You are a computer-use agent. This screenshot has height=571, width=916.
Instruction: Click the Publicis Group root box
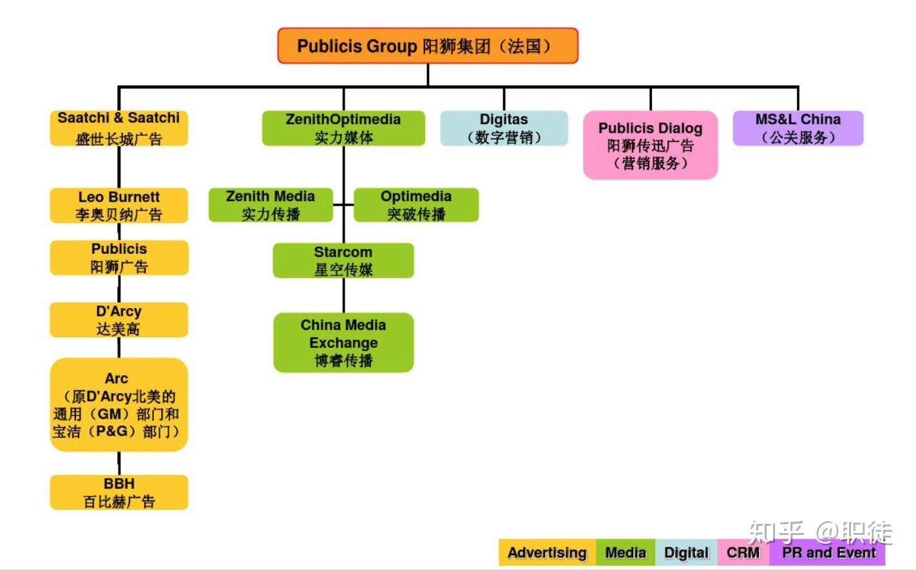click(x=428, y=46)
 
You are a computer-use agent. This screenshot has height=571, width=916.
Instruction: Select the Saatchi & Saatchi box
click(x=119, y=128)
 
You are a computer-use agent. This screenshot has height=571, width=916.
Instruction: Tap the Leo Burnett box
click(x=119, y=206)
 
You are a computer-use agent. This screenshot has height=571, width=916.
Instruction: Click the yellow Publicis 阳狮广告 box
click(x=119, y=258)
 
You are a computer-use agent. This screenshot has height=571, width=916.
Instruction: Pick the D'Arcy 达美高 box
click(x=119, y=320)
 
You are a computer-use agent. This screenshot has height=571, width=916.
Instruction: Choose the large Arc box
click(x=119, y=405)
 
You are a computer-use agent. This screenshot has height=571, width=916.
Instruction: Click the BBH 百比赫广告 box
click(x=119, y=492)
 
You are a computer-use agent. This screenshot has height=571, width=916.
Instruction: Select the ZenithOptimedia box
click(x=343, y=128)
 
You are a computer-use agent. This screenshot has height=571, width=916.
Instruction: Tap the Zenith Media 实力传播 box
click(x=271, y=205)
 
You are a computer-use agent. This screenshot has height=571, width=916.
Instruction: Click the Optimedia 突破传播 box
click(x=416, y=205)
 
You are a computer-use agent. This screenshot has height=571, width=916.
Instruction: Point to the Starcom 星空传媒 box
click(x=343, y=260)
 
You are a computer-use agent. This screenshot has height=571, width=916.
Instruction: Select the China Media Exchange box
click(x=343, y=342)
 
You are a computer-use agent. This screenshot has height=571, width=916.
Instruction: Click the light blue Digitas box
click(x=504, y=128)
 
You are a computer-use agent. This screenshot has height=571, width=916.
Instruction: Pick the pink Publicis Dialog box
click(x=650, y=145)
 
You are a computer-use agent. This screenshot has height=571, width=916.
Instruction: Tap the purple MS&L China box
click(x=797, y=128)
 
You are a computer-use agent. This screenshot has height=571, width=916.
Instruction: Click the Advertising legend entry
click(x=547, y=552)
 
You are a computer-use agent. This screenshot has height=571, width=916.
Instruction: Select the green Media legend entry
click(x=625, y=552)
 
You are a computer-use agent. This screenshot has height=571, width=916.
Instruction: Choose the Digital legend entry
click(x=686, y=552)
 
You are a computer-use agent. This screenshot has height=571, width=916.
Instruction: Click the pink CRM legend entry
click(x=743, y=552)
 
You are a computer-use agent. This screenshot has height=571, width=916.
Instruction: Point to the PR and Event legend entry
click(x=828, y=552)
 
